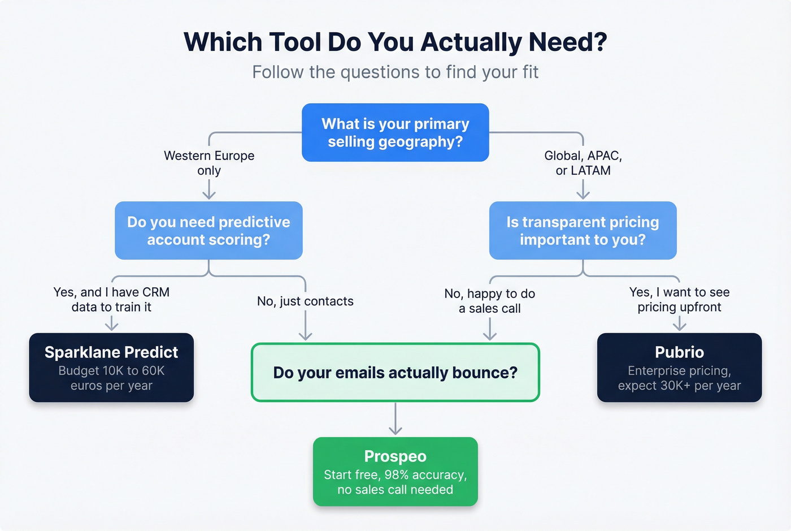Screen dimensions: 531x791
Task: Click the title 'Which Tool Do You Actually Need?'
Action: click(395, 42)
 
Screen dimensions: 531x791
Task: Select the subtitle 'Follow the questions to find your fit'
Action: click(395, 72)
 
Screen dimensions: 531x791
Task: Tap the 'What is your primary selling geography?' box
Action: click(395, 132)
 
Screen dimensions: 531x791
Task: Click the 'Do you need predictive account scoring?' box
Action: click(208, 231)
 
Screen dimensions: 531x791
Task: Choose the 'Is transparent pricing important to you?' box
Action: click(583, 231)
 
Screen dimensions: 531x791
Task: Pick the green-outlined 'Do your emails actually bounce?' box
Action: click(395, 373)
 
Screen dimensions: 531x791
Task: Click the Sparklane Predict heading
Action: click(111, 352)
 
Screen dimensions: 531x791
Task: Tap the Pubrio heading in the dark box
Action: click(679, 352)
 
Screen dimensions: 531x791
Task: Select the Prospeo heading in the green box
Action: click(395, 456)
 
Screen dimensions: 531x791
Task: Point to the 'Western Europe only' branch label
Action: click(209, 163)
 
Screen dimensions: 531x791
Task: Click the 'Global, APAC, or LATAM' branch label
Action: click(583, 163)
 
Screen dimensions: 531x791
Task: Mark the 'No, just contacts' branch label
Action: click(305, 301)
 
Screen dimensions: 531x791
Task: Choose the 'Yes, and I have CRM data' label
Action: click(111, 300)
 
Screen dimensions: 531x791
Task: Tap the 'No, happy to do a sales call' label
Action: click(489, 301)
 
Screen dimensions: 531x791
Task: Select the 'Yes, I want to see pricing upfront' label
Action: click(679, 300)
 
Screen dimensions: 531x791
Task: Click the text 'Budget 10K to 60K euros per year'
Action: click(111, 378)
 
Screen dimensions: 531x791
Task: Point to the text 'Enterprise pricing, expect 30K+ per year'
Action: click(679, 378)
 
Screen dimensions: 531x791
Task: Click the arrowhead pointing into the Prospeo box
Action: click(395, 431)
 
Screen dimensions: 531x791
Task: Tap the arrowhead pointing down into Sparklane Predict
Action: click(112, 326)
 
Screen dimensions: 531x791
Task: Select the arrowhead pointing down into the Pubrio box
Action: click(679, 326)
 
